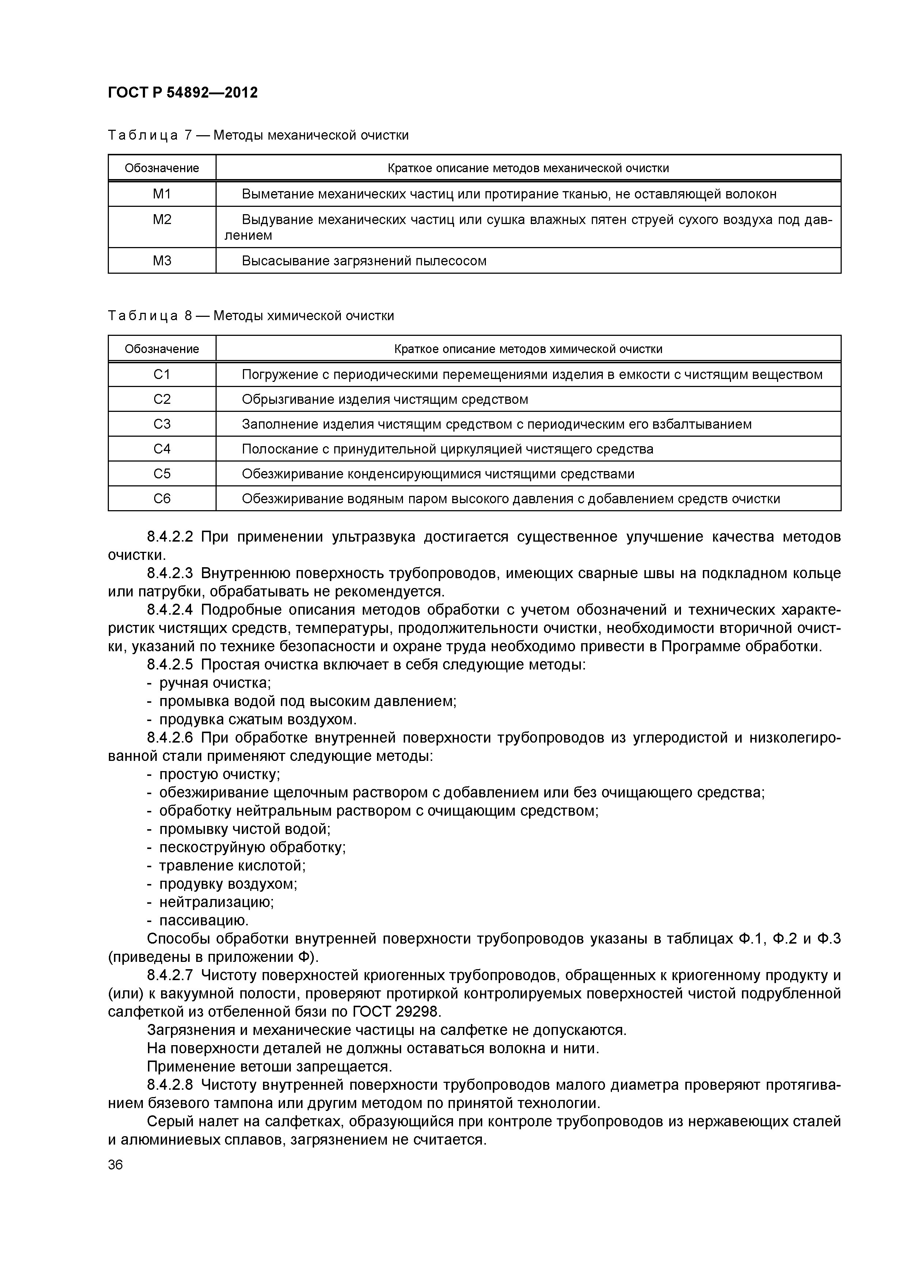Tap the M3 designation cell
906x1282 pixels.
162,261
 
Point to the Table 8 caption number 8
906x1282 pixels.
188,316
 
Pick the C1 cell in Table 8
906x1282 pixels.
162,375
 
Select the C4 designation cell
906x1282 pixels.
162,449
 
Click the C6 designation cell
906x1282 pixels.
162,498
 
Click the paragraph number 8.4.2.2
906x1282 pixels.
170,537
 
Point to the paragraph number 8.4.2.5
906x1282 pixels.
170,665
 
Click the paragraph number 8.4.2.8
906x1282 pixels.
170,1085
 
